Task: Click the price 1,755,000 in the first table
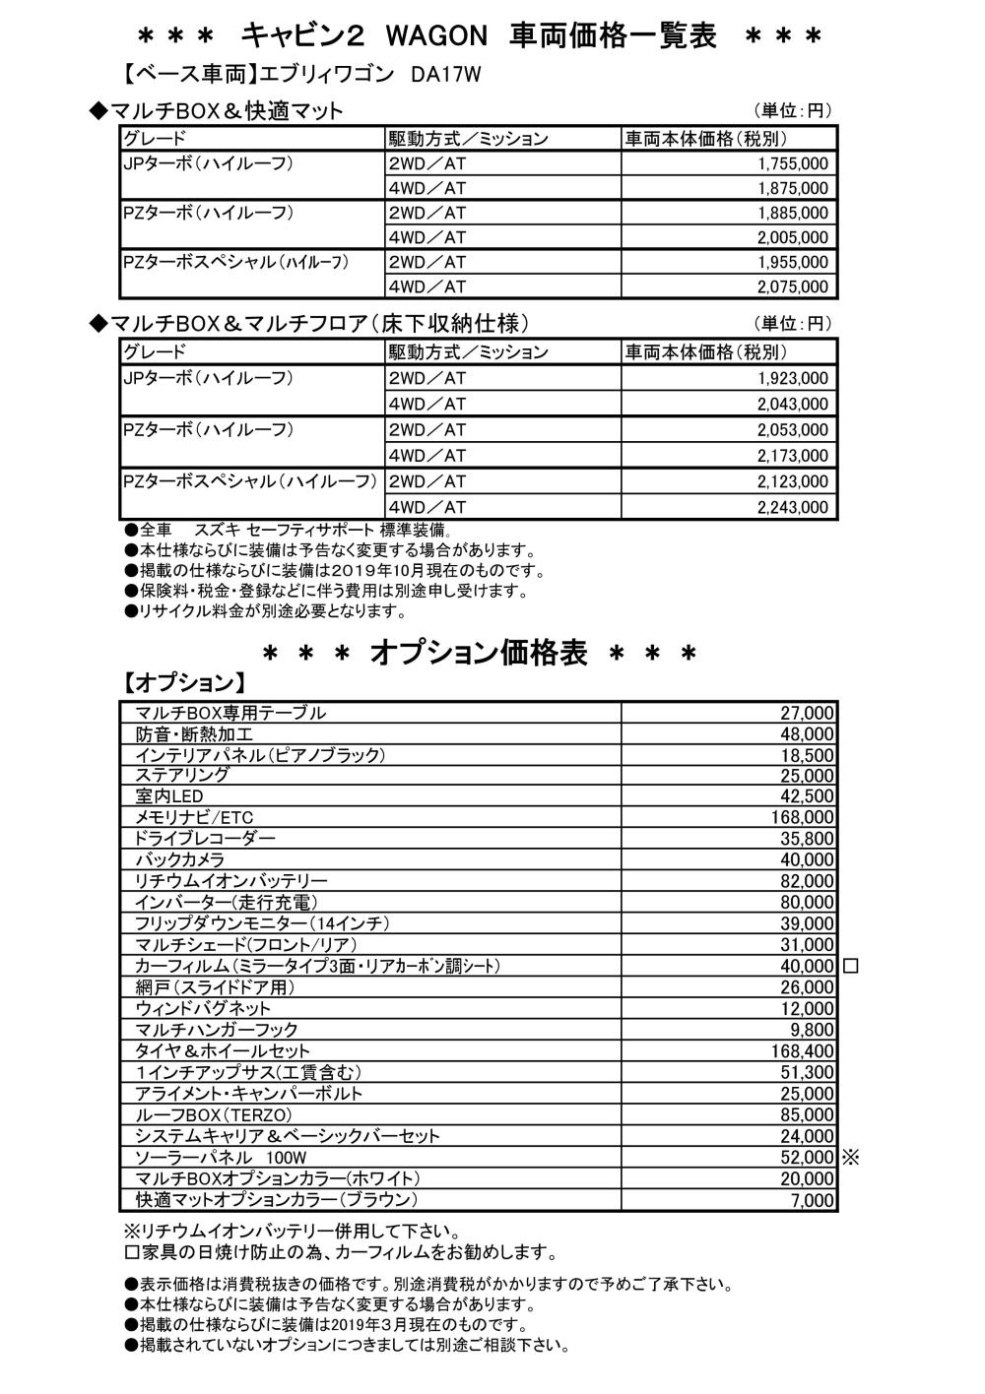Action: tap(793, 163)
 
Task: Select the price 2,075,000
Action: tap(793, 287)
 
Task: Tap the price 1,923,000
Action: tap(793, 379)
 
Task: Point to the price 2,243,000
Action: tap(793, 508)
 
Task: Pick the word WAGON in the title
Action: tap(436, 36)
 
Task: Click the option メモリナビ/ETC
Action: tap(194, 818)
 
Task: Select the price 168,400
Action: tap(802, 1051)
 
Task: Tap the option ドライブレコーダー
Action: tap(205, 839)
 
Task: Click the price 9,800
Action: tap(812, 1030)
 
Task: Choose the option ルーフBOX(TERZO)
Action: tap(214, 1115)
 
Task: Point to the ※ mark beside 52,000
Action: tap(851, 1158)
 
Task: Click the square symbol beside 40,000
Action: tap(851, 967)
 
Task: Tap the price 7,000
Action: tap(814, 1201)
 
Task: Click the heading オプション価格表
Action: tap(479, 654)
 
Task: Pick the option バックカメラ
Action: tap(179, 860)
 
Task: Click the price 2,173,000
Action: tap(793, 456)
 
